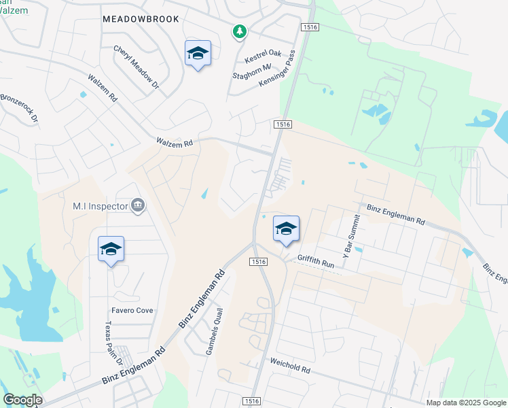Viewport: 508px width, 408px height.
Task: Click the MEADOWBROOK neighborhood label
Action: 141,19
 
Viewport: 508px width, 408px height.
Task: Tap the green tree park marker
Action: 239,31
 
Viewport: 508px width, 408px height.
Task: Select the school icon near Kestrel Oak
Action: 198,54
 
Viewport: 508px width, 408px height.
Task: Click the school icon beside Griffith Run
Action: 286,230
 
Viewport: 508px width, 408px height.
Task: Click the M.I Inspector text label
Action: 101,205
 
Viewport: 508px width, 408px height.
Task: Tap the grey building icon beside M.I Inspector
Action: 138,205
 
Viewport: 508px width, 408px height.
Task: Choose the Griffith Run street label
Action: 316,259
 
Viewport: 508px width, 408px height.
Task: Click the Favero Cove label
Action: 133,310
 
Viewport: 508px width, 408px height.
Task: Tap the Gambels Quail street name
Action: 214,330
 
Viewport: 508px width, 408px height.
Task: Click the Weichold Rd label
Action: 290,367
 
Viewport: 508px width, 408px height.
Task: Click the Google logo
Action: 22,400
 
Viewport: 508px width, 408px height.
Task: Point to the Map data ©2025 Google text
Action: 465,403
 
